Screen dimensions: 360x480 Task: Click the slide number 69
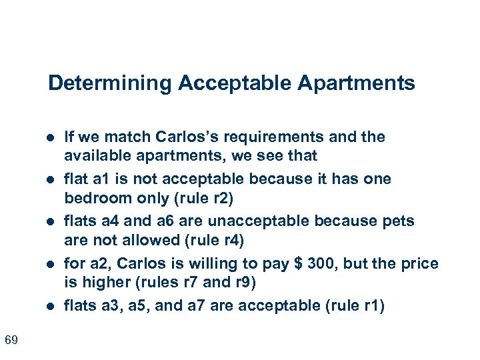click(x=11, y=341)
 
